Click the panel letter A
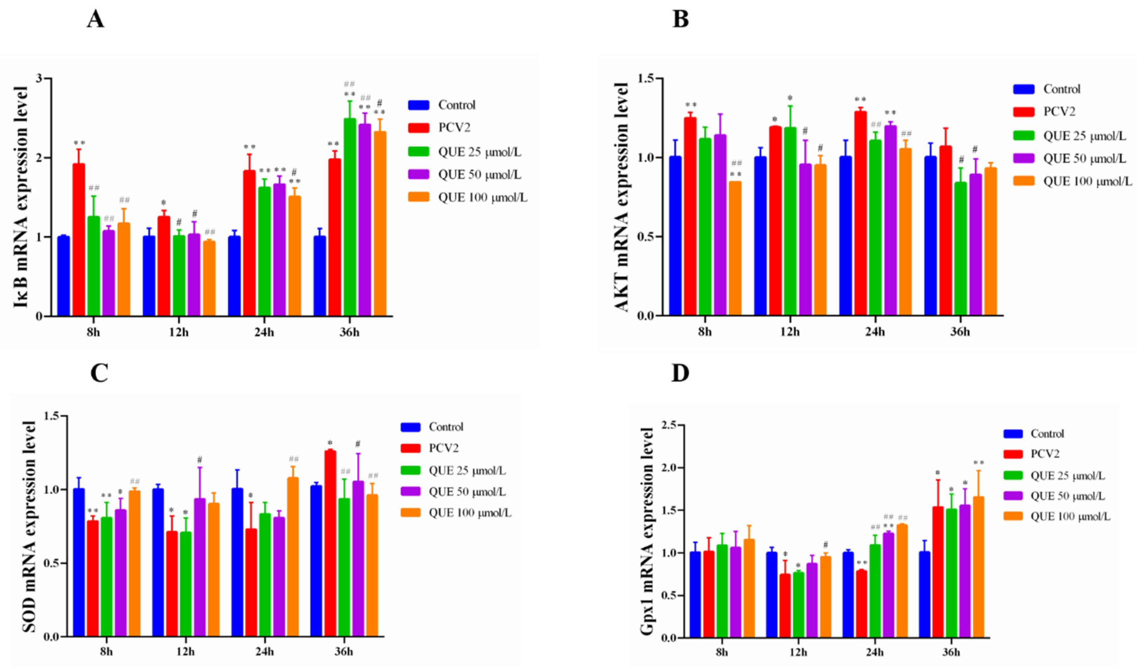tap(95, 20)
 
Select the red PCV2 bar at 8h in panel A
tap(79, 239)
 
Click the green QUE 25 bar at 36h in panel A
tap(350, 216)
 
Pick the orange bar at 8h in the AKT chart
tap(735, 248)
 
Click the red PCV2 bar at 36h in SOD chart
tap(330, 543)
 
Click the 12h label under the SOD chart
tap(185, 652)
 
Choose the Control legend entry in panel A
tap(457, 105)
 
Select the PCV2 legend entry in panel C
tap(444, 448)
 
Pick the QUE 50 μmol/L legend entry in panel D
tap(1068, 496)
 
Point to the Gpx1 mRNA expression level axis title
tap(647, 532)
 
